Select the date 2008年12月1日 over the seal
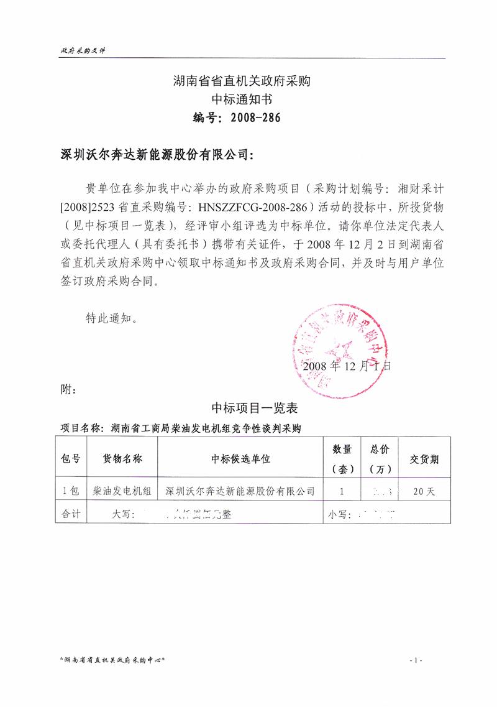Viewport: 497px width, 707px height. point(347,366)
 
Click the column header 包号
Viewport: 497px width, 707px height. point(71,459)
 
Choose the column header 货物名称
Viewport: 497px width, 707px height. point(122,459)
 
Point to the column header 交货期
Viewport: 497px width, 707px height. point(424,460)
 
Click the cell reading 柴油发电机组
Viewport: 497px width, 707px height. point(122,491)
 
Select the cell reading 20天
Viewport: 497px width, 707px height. point(424,491)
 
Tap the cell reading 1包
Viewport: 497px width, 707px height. point(71,491)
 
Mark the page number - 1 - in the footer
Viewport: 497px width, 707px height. point(416,659)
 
